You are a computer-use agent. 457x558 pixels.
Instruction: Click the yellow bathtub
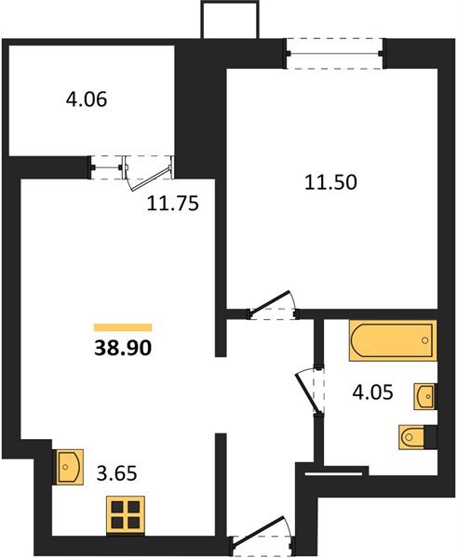pos(392,340)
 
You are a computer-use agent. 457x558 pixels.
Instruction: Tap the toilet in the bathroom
pos(414,435)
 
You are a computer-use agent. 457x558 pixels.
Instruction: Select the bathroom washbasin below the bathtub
pos(425,395)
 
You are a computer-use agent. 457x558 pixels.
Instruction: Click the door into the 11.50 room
pos(270,306)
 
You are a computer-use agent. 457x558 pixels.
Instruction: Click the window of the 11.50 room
pos(334,48)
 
